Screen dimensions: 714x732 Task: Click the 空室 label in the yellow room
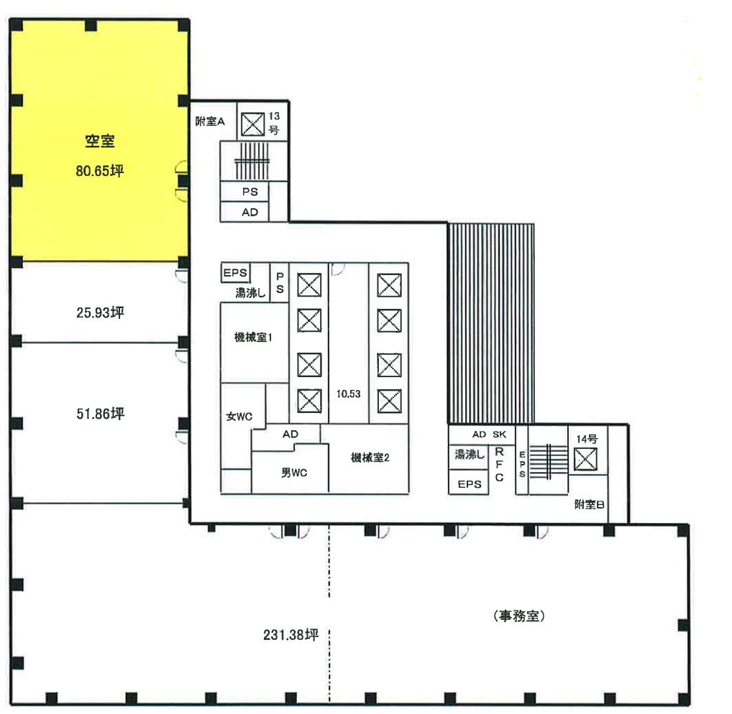(100, 142)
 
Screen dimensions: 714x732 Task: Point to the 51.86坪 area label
(100, 414)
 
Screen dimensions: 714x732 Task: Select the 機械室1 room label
(252, 338)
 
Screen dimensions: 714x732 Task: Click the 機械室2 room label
(370, 458)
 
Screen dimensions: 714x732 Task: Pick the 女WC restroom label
(239, 416)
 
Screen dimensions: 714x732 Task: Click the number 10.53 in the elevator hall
(348, 394)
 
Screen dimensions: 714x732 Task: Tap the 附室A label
(210, 122)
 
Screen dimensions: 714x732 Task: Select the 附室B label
(589, 505)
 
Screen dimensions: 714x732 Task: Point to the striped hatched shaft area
(490, 323)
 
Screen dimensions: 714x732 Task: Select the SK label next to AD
(500, 435)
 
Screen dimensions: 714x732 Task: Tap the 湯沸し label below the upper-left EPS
(251, 292)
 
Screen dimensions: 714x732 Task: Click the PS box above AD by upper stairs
(250, 192)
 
